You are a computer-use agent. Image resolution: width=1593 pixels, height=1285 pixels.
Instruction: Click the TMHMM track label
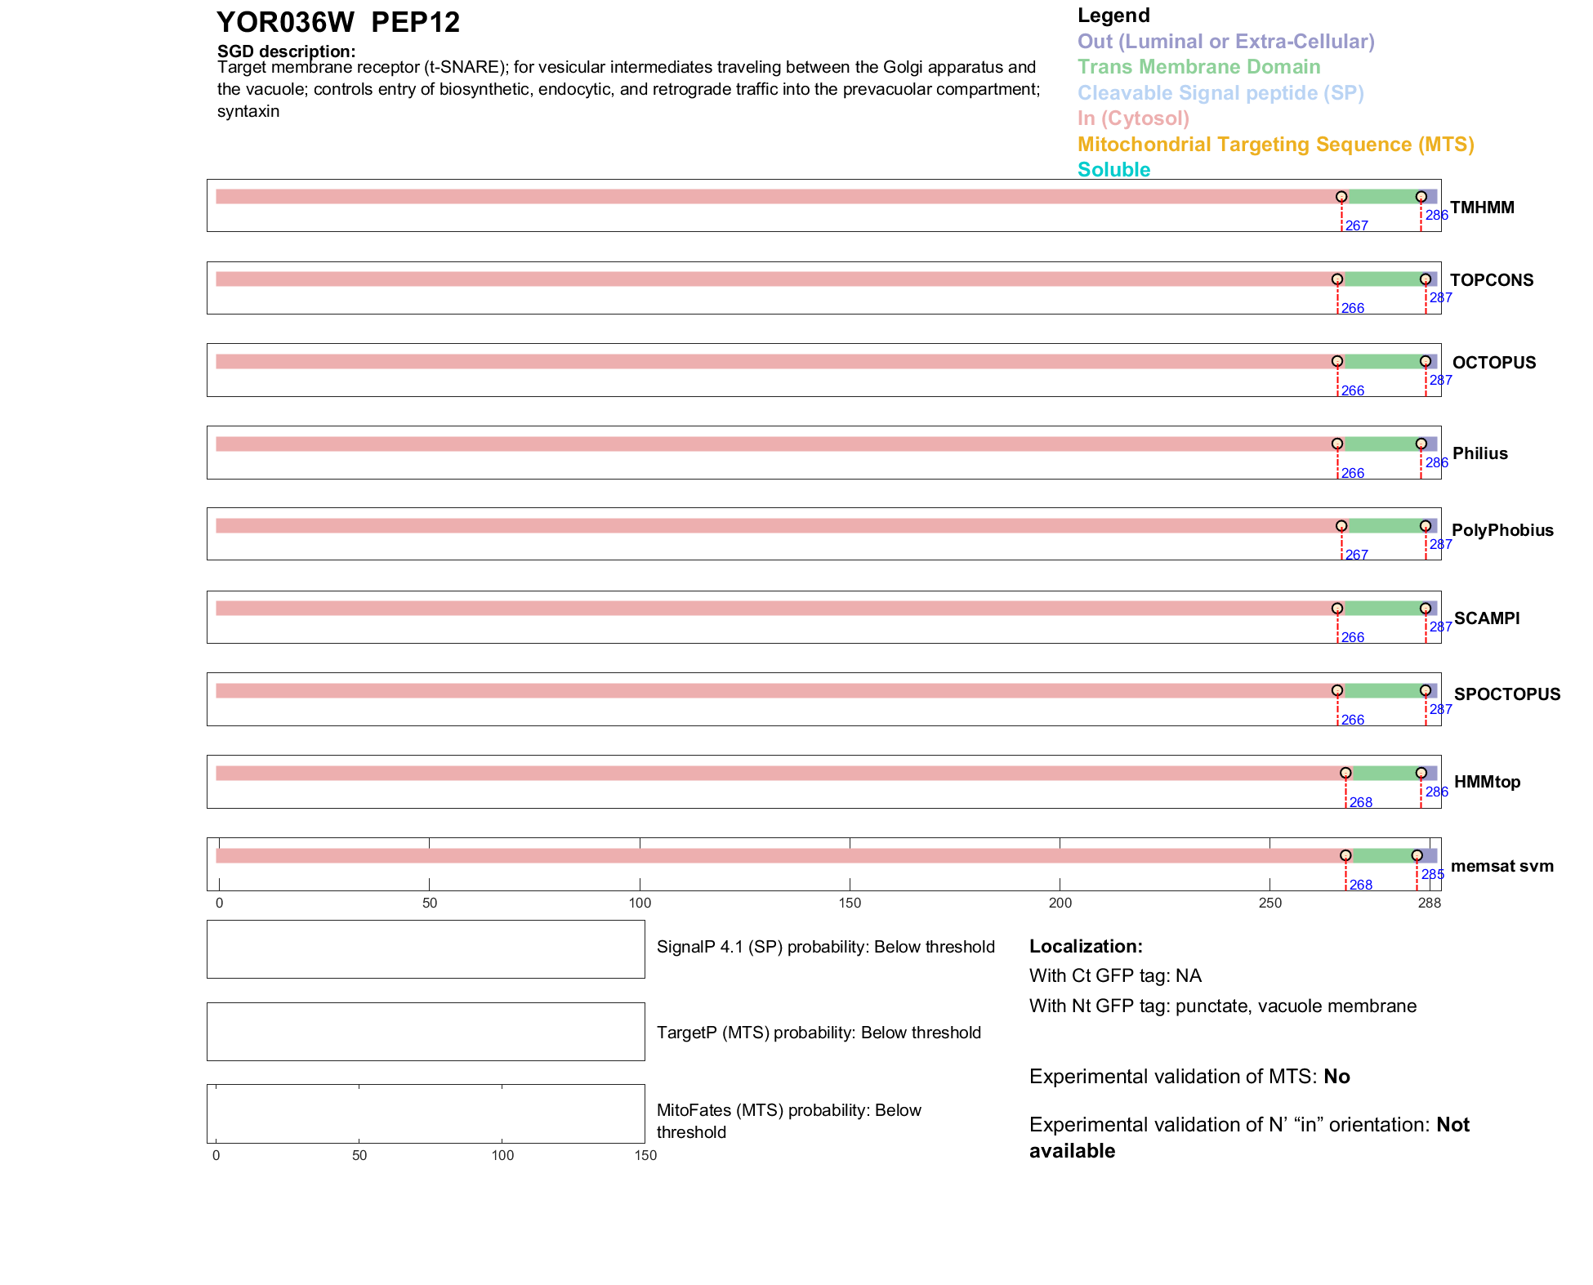tap(1482, 207)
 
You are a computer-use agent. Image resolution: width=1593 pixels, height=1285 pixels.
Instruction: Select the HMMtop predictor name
tap(1487, 782)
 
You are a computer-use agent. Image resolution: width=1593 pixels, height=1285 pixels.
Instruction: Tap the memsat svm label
tap(1502, 866)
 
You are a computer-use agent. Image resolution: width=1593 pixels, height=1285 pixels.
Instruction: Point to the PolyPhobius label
tap(1502, 530)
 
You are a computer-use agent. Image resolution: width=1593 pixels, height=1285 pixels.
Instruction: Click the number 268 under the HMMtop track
tap(1361, 802)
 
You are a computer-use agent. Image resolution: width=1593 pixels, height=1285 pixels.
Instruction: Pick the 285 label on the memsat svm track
tap(1433, 874)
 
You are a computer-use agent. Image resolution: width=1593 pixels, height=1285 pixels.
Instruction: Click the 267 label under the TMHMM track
tap(1357, 225)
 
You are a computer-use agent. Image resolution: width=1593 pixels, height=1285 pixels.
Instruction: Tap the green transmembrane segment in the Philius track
tap(1379, 444)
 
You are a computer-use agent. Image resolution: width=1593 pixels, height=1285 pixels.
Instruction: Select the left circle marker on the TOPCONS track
tap(1337, 279)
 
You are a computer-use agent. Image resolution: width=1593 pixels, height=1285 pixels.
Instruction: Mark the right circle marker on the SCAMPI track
tap(1426, 609)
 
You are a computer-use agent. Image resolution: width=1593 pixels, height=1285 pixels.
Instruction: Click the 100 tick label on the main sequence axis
tap(640, 903)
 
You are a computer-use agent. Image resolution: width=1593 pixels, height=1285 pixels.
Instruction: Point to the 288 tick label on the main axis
tap(1430, 903)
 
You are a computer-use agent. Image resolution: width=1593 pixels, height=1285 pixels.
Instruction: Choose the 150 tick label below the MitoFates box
tap(645, 1155)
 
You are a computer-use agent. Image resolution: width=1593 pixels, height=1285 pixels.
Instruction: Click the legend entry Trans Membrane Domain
tap(1198, 67)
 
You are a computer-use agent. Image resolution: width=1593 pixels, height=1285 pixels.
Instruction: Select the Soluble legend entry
tap(1113, 170)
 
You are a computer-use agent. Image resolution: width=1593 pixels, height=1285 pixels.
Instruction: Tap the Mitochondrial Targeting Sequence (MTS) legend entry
tap(1275, 145)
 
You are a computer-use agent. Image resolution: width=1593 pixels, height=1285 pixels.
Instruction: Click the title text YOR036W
tap(285, 23)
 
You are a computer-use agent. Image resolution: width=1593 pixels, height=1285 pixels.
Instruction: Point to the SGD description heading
tap(286, 51)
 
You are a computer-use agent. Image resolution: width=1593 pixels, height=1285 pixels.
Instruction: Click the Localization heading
tap(1085, 946)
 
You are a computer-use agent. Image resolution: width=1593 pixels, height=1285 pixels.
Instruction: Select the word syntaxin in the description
tap(248, 111)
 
